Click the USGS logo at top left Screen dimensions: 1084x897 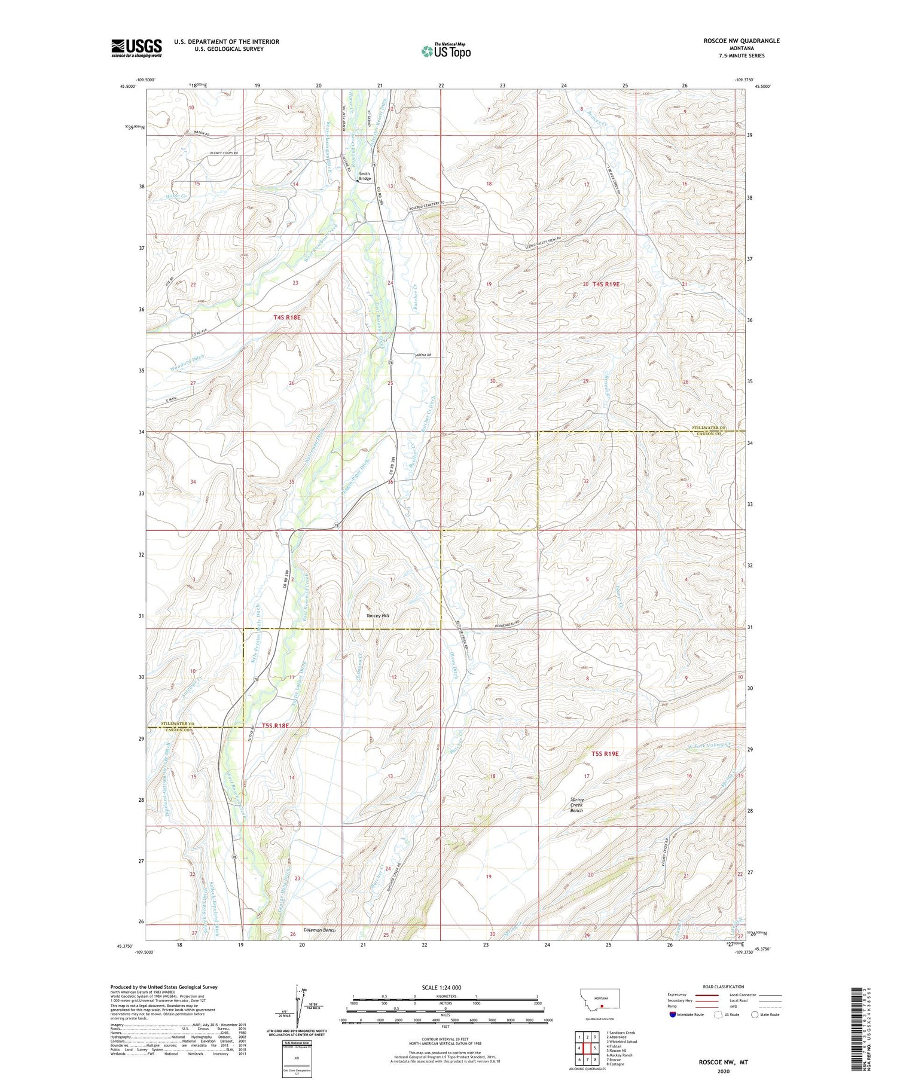pos(136,48)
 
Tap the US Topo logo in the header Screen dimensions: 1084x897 pos(446,51)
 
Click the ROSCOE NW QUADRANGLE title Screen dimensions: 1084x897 pos(742,41)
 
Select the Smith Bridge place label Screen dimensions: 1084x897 pos(365,176)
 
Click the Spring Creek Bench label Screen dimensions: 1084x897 pos(576,805)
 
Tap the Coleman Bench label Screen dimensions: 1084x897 pos(319,930)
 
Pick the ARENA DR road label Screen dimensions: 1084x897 pos(423,356)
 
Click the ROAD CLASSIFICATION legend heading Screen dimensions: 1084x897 pos(723,987)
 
